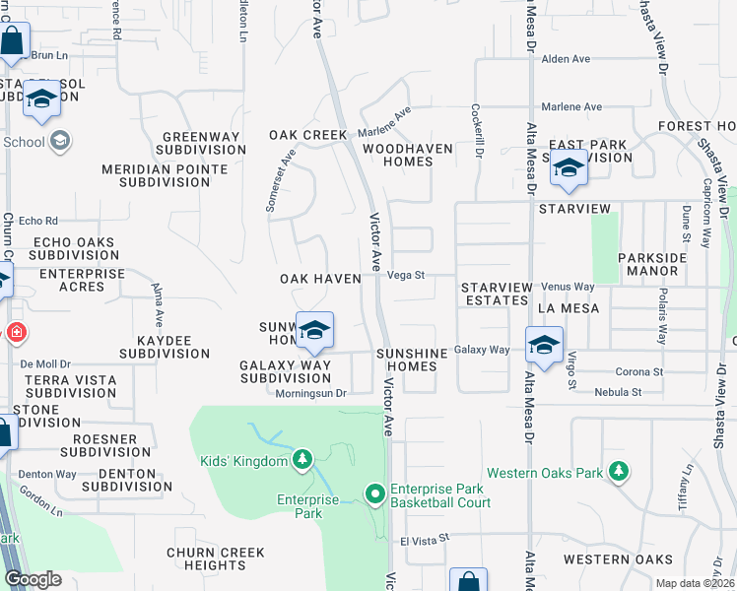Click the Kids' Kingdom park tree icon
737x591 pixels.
click(302, 460)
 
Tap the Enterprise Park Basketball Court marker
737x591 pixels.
click(374, 494)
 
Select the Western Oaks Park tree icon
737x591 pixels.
click(619, 473)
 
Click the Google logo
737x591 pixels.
click(33, 579)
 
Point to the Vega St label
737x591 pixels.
click(405, 276)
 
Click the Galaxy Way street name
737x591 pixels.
click(482, 350)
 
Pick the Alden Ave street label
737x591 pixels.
click(566, 59)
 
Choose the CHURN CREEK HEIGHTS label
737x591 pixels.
click(206, 558)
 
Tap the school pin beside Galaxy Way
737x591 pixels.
click(544, 346)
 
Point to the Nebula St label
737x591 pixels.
click(618, 392)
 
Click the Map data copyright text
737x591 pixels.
click(696, 583)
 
